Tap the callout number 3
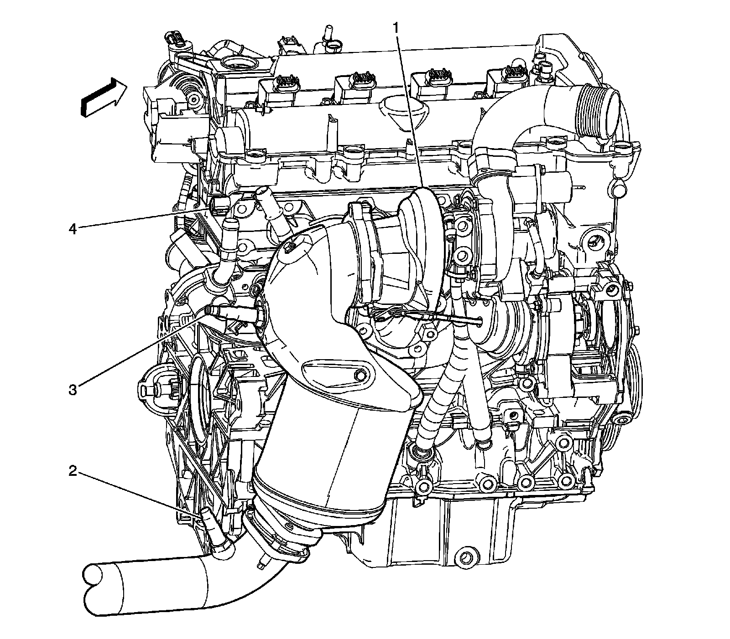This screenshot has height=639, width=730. (73, 390)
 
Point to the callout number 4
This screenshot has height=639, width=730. (73, 228)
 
